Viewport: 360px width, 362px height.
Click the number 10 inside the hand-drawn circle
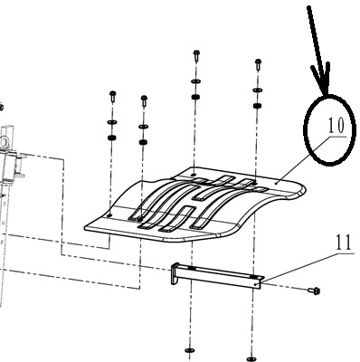click(336, 125)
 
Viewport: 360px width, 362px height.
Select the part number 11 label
click(343, 243)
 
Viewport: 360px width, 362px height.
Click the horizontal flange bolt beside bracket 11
click(314, 291)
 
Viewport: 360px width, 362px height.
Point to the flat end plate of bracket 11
click(175, 274)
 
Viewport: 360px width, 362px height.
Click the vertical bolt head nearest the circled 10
click(258, 63)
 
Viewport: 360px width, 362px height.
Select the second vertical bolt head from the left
click(144, 100)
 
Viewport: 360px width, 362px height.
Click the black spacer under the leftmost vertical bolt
click(112, 138)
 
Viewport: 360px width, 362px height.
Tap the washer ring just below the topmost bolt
click(195, 81)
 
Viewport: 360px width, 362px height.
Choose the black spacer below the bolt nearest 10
click(257, 106)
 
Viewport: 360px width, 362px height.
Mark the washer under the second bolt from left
click(143, 126)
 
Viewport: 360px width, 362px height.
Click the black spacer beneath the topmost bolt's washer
click(195, 97)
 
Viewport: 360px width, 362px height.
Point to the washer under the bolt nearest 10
click(257, 90)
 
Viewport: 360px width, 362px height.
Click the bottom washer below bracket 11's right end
click(251, 358)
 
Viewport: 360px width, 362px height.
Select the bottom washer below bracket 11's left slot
click(190, 350)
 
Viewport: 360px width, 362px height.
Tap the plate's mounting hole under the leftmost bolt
click(109, 215)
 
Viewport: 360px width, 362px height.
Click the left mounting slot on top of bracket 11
click(192, 269)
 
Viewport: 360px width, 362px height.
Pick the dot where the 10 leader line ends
click(277, 182)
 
